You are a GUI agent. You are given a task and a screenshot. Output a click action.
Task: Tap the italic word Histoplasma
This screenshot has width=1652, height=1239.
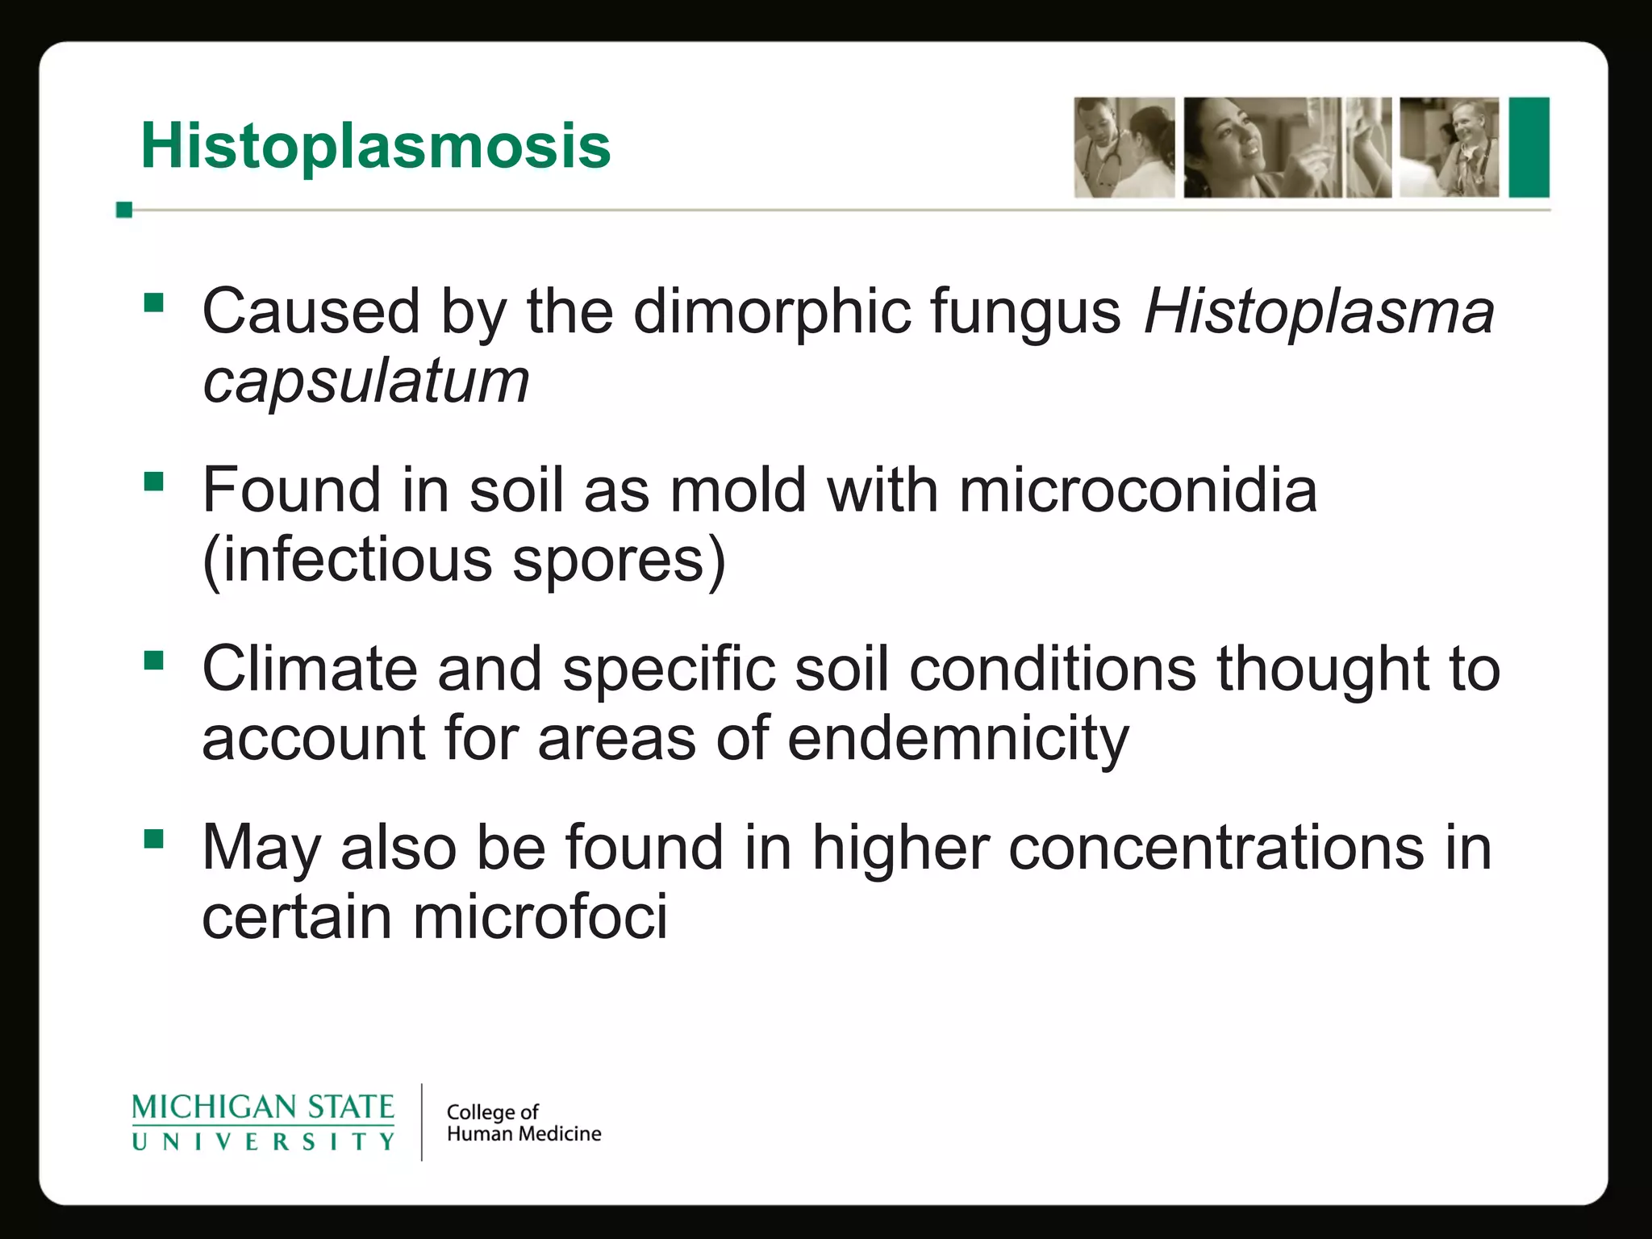click(1319, 312)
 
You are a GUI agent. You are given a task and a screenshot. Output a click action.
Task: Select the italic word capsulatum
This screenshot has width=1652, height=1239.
click(365, 382)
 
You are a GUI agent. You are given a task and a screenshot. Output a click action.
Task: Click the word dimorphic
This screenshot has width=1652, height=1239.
click(772, 312)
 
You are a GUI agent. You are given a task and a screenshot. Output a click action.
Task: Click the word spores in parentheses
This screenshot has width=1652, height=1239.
click(609, 561)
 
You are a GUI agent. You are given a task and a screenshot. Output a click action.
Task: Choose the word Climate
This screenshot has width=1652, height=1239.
click(309, 669)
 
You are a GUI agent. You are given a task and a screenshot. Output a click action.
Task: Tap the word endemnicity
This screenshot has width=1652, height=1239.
click(957, 739)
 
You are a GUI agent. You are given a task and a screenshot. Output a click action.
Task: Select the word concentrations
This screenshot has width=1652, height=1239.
click(1216, 848)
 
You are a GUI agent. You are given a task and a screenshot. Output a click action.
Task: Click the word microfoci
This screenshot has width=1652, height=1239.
click(540, 917)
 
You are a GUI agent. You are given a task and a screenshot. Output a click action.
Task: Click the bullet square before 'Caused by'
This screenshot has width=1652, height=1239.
click(153, 303)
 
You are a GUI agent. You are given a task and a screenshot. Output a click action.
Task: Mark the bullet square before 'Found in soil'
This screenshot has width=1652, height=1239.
click(153, 482)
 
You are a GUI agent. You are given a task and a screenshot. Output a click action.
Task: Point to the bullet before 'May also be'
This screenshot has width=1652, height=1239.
click(153, 840)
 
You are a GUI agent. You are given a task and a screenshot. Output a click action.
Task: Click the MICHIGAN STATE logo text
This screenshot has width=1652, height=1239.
click(263, 1107)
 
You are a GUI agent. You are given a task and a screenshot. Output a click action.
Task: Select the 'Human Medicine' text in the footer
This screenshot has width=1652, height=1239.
click(524, 1134)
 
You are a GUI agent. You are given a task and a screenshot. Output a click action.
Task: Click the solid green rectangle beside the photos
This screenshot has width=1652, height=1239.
click(1529, 148)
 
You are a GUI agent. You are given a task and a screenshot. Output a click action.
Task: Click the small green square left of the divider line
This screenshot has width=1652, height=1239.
click(124, 210)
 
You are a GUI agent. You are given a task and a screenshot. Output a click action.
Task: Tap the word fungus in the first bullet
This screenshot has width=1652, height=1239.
click(1025, 312)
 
